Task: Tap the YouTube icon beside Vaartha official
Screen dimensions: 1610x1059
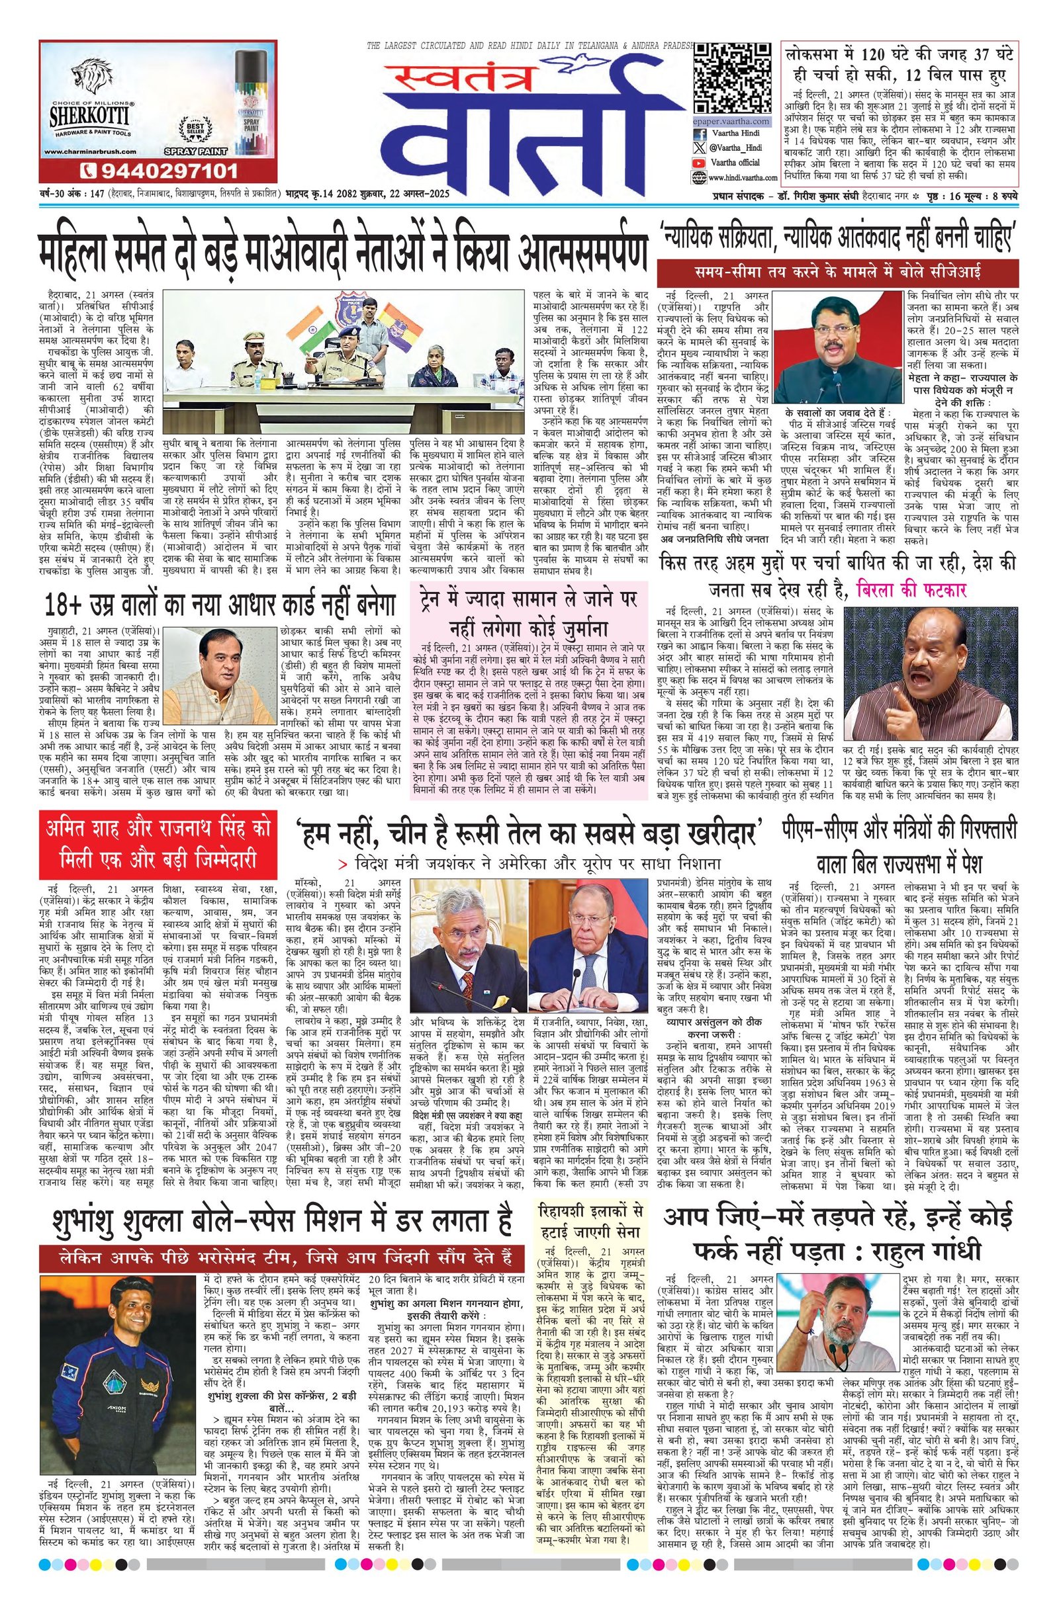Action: pyautogui.click(x=698, y=163)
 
